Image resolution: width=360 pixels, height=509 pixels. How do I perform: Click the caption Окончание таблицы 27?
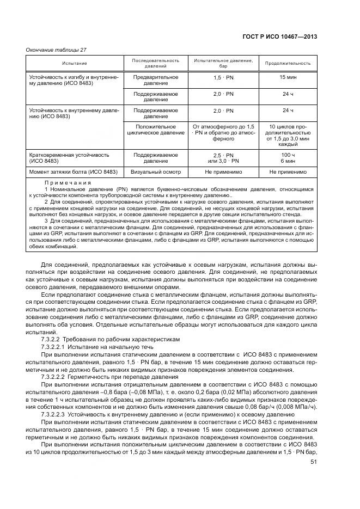tap(56, 50)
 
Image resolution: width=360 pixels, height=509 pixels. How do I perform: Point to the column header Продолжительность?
tap(288, 63)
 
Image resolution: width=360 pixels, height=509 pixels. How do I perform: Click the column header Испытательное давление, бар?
tap(223, 63)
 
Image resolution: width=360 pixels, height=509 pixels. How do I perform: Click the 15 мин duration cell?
tap(288, 78)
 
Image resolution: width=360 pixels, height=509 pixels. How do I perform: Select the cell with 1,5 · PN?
tap(223, 78)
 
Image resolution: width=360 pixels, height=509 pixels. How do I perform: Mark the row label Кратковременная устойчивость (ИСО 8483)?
tap(65, 158)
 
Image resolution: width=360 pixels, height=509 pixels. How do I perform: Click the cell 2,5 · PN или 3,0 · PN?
tap(223, 158)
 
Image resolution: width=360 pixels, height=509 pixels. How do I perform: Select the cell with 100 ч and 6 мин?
tap(288, 158)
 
